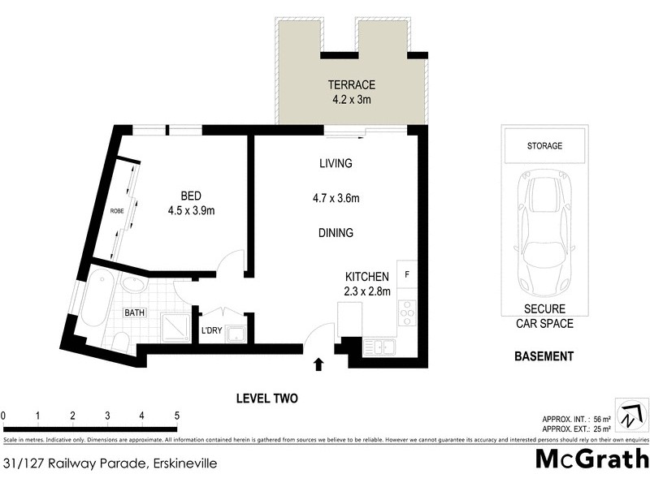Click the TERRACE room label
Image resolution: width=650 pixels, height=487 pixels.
[x=351, y=84]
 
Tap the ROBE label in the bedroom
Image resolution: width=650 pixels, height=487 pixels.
[x=118, y=211]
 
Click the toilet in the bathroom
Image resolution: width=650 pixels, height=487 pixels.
[x=120, y=341]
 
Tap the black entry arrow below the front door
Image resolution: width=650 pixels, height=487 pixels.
[x=318, y=365]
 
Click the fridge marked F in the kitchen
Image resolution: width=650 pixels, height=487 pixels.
[x=406, y=274]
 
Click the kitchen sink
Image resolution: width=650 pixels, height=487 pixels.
[x=379, y=347]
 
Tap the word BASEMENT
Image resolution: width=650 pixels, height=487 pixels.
[x=544, y=356]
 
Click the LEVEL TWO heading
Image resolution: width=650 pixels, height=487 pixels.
[x=266, y=399]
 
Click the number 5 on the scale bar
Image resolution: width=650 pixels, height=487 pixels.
[x=176, y=416]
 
